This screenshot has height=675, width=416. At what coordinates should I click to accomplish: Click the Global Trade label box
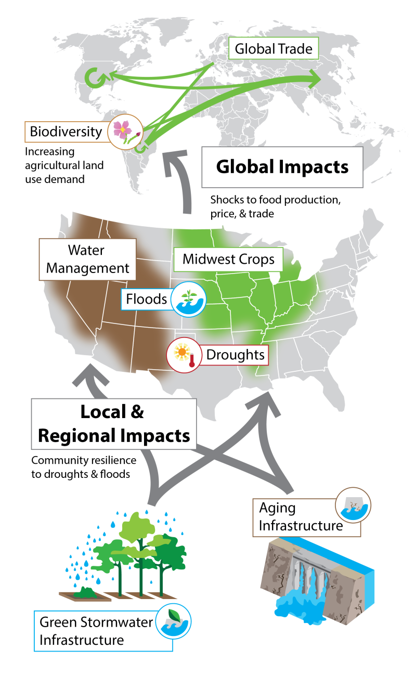[x=274, y=49]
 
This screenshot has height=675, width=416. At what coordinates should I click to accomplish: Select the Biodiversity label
[x=66, y=132]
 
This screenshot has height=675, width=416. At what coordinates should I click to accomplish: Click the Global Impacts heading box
[x=282, y=167]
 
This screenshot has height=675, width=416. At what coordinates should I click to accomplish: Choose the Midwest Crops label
[x=228, y=258]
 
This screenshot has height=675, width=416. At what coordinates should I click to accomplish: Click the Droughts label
[x=235, y=355]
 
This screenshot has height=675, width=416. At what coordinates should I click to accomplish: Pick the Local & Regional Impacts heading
[x=113, y=424]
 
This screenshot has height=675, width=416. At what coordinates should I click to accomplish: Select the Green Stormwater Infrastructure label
[x=97, y=630]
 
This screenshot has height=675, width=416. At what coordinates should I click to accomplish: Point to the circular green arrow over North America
[x=95, y=78]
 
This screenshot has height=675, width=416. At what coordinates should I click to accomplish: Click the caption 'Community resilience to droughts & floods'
[x=83, y=467]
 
